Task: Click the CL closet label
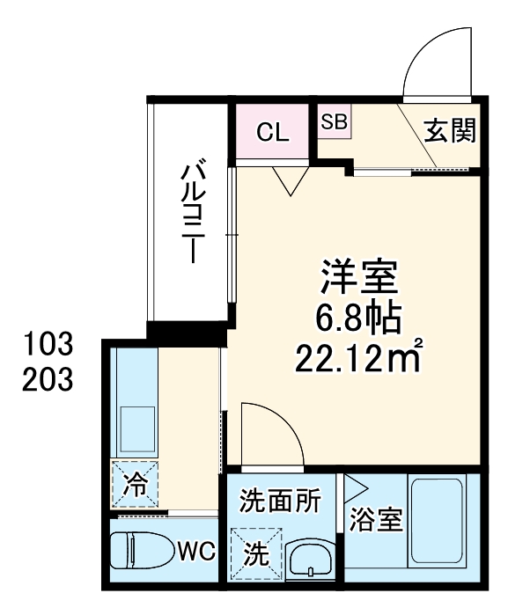[x=272, y=133]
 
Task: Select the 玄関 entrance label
[x=451, y=132]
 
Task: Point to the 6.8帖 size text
[x=358, y=319]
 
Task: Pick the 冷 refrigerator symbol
[x=135, y=483]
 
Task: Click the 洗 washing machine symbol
[x=256, y=553]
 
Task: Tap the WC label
[x=195, y=553]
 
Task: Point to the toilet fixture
[x=141, y=553]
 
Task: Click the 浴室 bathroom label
[x=376, y=521]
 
